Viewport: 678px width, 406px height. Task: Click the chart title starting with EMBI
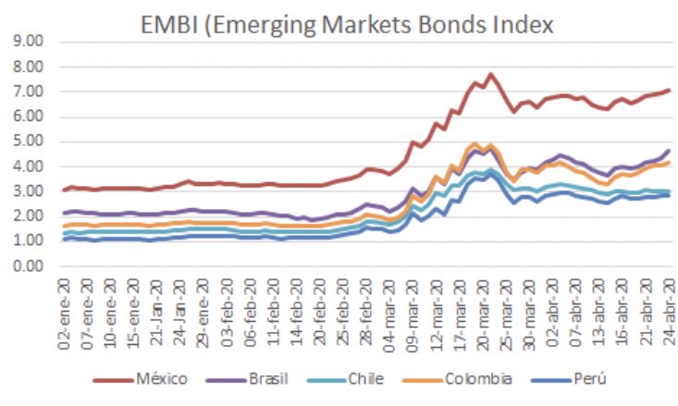tap(346, 23)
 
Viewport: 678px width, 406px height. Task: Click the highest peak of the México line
tap(490, 74)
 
